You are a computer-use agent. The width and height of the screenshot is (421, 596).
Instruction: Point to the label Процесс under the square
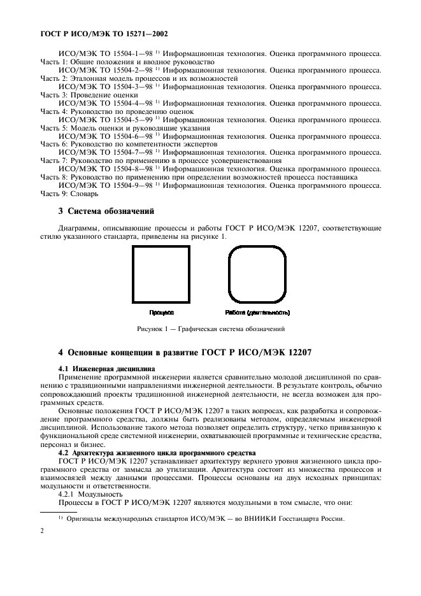[161, 313]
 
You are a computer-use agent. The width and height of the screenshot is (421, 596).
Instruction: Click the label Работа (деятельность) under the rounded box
[258, 313]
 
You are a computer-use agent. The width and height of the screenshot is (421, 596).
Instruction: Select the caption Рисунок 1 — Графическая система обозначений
[210, 329]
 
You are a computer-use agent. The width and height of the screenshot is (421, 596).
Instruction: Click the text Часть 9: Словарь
[70, 194]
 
